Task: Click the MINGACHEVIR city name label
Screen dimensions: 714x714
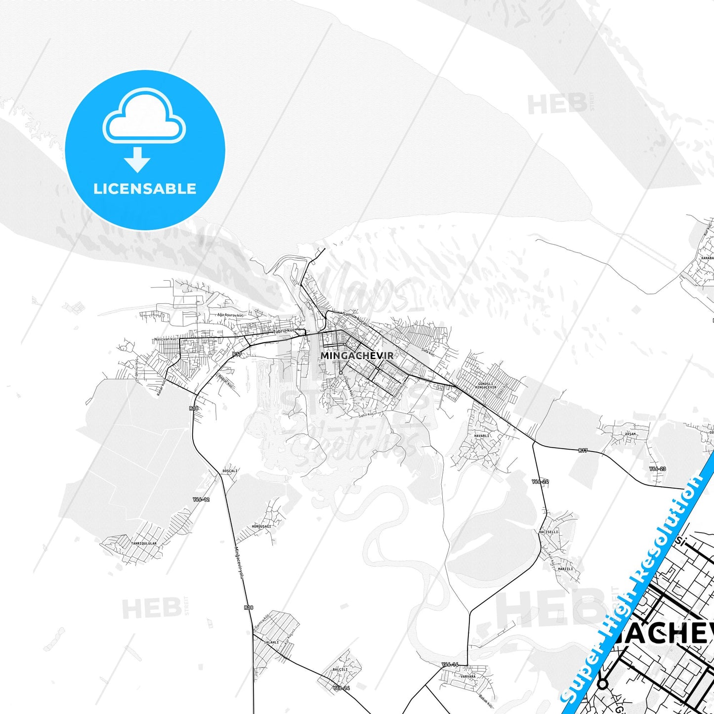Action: pos(357,356)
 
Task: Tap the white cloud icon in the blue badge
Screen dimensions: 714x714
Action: pos(144,116)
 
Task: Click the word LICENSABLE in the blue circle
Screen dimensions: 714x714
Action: pos(145,189)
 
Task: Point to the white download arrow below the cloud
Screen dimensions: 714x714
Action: pos(137,160)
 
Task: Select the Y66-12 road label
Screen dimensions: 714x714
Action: pos(201,500)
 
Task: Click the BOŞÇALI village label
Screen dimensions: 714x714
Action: pos(230,471)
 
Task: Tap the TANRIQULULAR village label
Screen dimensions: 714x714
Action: pos(144,544)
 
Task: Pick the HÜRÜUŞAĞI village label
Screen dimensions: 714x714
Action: pos(261,527)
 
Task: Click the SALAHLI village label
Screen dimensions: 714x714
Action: pos(271,642)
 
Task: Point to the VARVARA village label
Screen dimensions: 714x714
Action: pos(467,676)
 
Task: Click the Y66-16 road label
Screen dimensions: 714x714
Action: pos(450,665)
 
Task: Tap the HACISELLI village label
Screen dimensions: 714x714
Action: pos(548,532)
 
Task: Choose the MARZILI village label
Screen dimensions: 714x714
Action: pos(565,569)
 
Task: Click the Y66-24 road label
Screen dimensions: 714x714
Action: pos(540,481)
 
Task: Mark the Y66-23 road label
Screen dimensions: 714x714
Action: pos(657,469)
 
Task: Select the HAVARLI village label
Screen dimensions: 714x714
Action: pos(482,436)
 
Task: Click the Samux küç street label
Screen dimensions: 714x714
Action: pos(354,317)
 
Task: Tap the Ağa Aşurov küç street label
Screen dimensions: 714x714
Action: pos(231,315)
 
